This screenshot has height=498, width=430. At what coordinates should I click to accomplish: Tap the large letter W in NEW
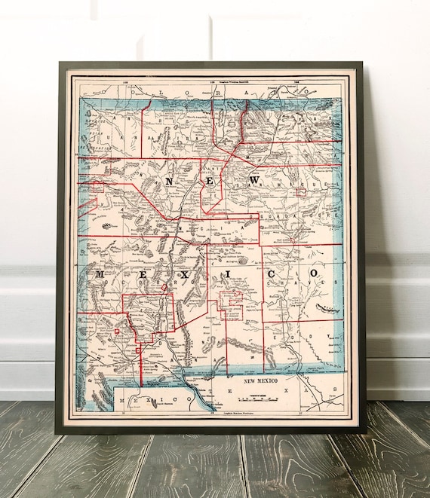click(x=255, y=181)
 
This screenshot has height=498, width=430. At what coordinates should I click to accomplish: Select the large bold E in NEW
click(x=210, y=182)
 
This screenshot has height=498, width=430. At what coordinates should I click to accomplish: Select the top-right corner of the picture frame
click(x=364, y=63)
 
